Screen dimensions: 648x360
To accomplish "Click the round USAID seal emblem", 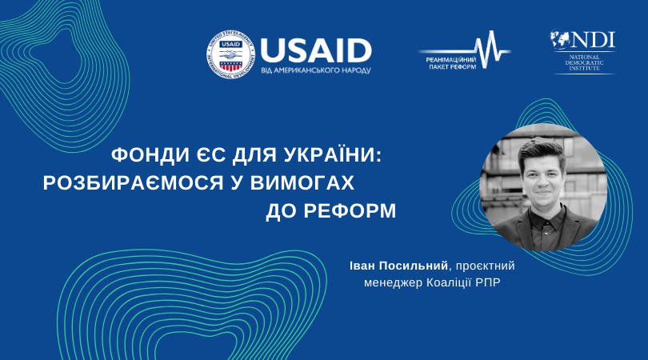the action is pyautogui.click(x=230, y=54).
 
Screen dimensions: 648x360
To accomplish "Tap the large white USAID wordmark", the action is pyautogui.click(x=316, y=51).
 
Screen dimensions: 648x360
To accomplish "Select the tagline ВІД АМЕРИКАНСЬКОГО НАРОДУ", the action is pyautogui.click(x=316, y=70).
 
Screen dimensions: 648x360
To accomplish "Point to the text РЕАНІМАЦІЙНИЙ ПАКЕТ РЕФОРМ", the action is pyautogui.click(x=452, y=63).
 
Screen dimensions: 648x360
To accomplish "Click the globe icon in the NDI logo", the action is pyautogui.click(x=559, y=39).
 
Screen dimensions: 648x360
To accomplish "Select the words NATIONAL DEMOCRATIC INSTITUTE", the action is pyautogui.click(x=584, y=62).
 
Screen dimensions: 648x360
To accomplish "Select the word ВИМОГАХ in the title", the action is pyautogui.click(x=302, y=182).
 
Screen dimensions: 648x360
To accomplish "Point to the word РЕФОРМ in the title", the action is pyautogui.click(x=350, y=210).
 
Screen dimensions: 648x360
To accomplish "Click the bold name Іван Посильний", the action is pyautogui.click(x=399, y=266).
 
